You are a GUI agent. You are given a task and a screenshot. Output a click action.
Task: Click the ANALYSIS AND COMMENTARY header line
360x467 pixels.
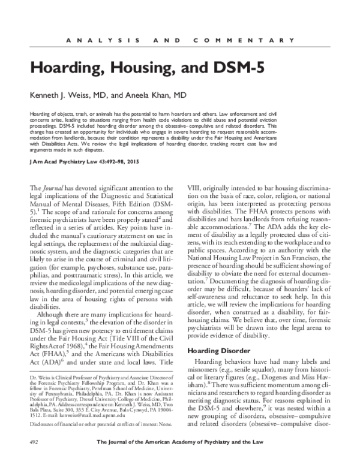point(179,40)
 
